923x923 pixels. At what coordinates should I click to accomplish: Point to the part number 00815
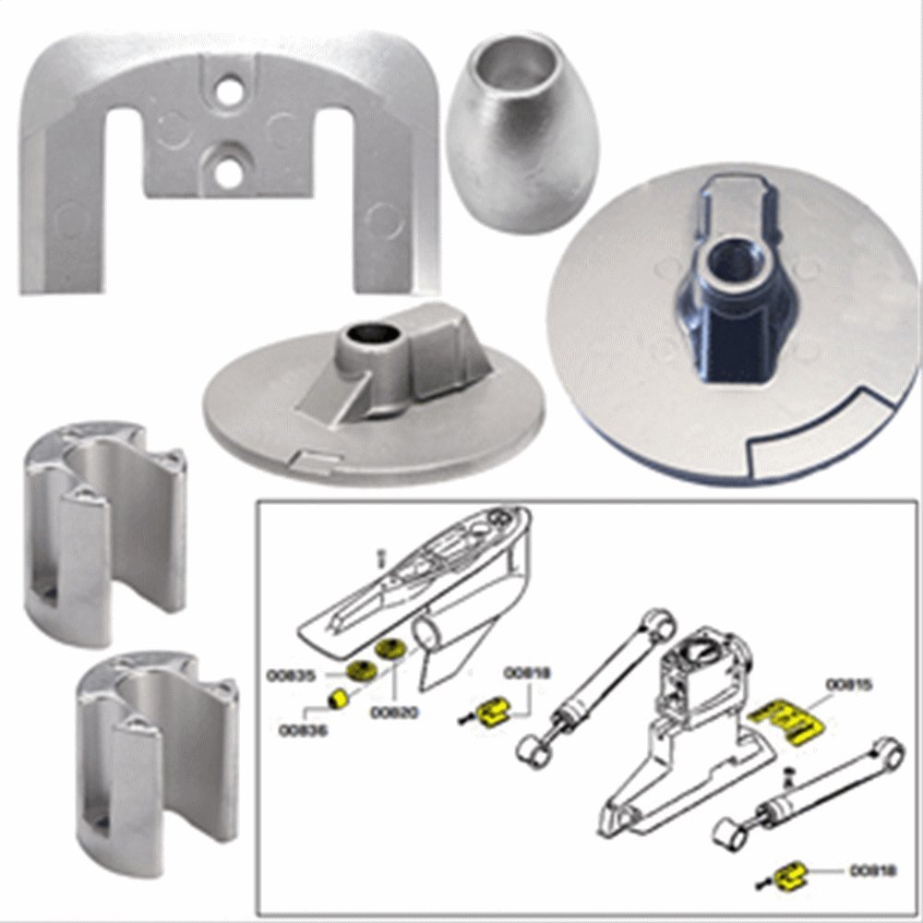(x=848, y=684)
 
